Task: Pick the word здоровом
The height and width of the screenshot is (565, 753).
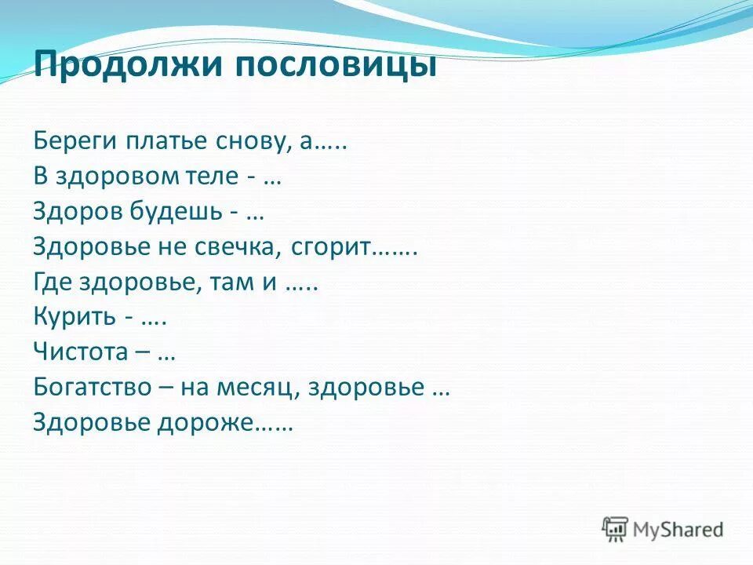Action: [x=122, y=177]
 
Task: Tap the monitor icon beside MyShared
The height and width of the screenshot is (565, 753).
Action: [x=616, y=528]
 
